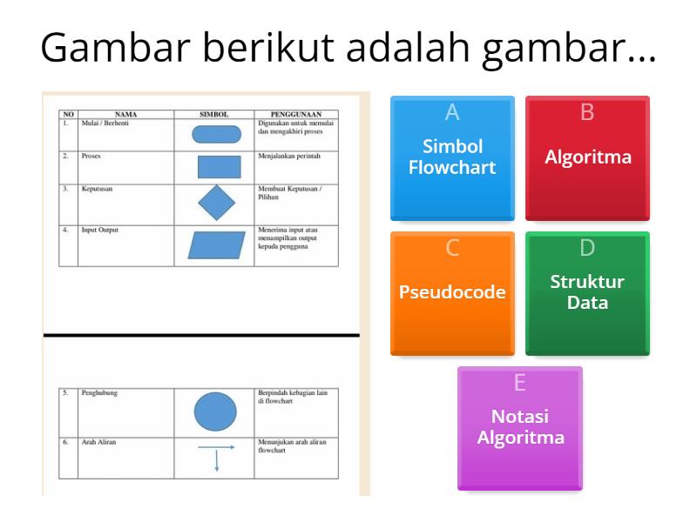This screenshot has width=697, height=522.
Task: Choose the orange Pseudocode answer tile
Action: coord(452,292)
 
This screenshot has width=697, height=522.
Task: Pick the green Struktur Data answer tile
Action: coord(588,292)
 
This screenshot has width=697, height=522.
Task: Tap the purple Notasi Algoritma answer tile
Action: coord(520,427)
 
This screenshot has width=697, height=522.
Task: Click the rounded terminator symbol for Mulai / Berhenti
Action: coord(215,134)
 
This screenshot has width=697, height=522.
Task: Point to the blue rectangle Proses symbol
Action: coord(218,166)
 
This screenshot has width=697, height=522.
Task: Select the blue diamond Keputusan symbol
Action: coord(217,204)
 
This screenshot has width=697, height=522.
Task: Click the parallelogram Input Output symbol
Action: coord(217,245)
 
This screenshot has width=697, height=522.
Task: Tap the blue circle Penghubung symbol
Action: coord(215,412)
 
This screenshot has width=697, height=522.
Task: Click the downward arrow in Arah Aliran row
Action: coord(216,461)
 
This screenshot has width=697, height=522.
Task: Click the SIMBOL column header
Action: coord(213,114)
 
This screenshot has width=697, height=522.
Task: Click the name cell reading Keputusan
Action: coord(97,189)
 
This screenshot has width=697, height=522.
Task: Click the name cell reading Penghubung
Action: coord(99,393)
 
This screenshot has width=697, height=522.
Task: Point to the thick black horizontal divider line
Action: coord(200,334)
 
